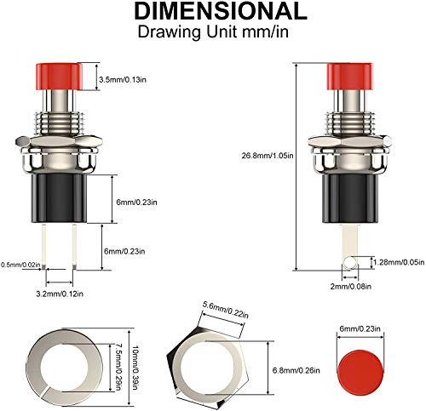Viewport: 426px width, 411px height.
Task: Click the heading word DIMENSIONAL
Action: coord(213,11)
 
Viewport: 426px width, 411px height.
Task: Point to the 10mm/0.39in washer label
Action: coord(135,357)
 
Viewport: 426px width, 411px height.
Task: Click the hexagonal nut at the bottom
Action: coord(225,361)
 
